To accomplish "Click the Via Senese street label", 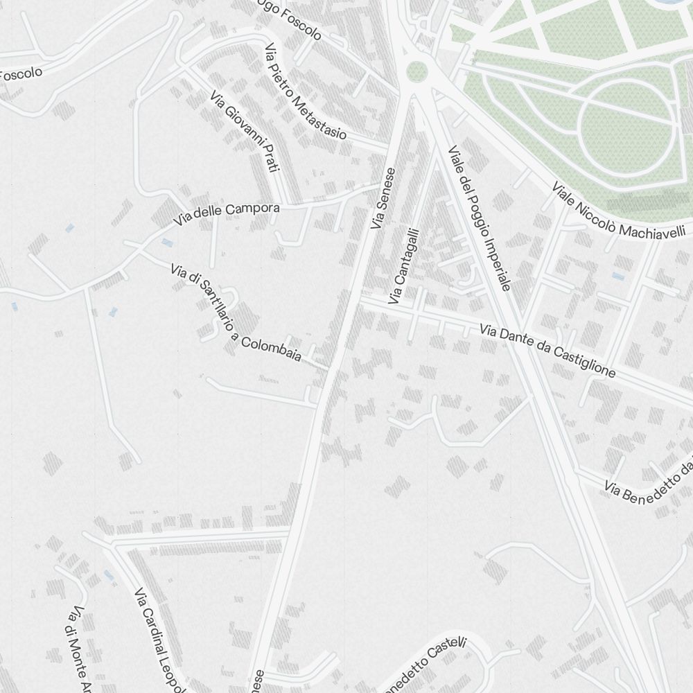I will [383, 198].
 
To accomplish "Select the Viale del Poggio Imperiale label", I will [480, 218].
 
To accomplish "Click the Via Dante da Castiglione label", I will [547, 352].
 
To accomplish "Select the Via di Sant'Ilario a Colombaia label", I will [236, 312].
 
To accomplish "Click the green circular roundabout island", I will [416, 70].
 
